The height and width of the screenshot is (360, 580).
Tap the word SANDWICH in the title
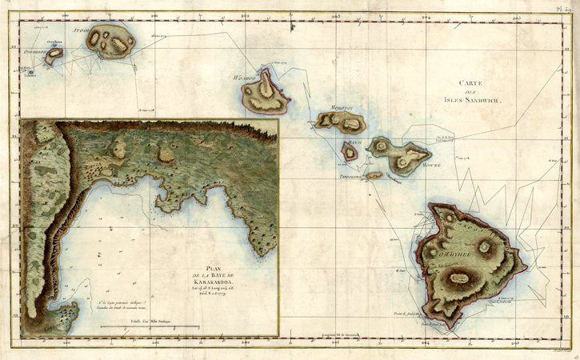click(x=496, y=102)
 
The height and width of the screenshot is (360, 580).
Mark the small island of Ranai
click(x=350, y=150)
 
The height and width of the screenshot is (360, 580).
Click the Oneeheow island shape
click(x=54, y=56)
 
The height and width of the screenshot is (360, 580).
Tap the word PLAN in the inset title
click(x=213, y=269)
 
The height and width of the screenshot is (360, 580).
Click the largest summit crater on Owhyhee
click(x=459, y=279)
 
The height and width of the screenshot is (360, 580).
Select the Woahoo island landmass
click(x=269, y=93)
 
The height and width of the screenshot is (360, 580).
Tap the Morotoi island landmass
click(x=341, y=121)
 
